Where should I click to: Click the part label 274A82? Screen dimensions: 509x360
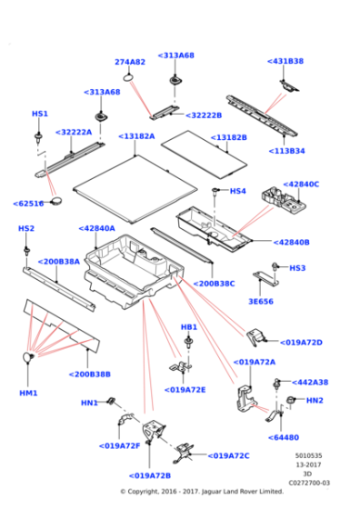pos(130,62)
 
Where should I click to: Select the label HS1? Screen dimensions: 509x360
pos(39,114)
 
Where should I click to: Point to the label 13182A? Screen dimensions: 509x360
pos(136,135)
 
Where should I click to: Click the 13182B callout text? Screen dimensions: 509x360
pos(228,137)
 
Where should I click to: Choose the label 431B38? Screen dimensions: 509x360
pos(285,61)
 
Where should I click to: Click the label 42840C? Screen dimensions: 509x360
pos(300,184)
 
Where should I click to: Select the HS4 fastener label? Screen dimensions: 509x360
pos(237,191)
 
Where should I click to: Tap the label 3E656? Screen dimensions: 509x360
pos(260,301)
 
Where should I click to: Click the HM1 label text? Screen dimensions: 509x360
pos(28,393)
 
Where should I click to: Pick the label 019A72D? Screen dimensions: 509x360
pos(302,343)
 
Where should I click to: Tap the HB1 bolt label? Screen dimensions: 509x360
pos(188,326)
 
